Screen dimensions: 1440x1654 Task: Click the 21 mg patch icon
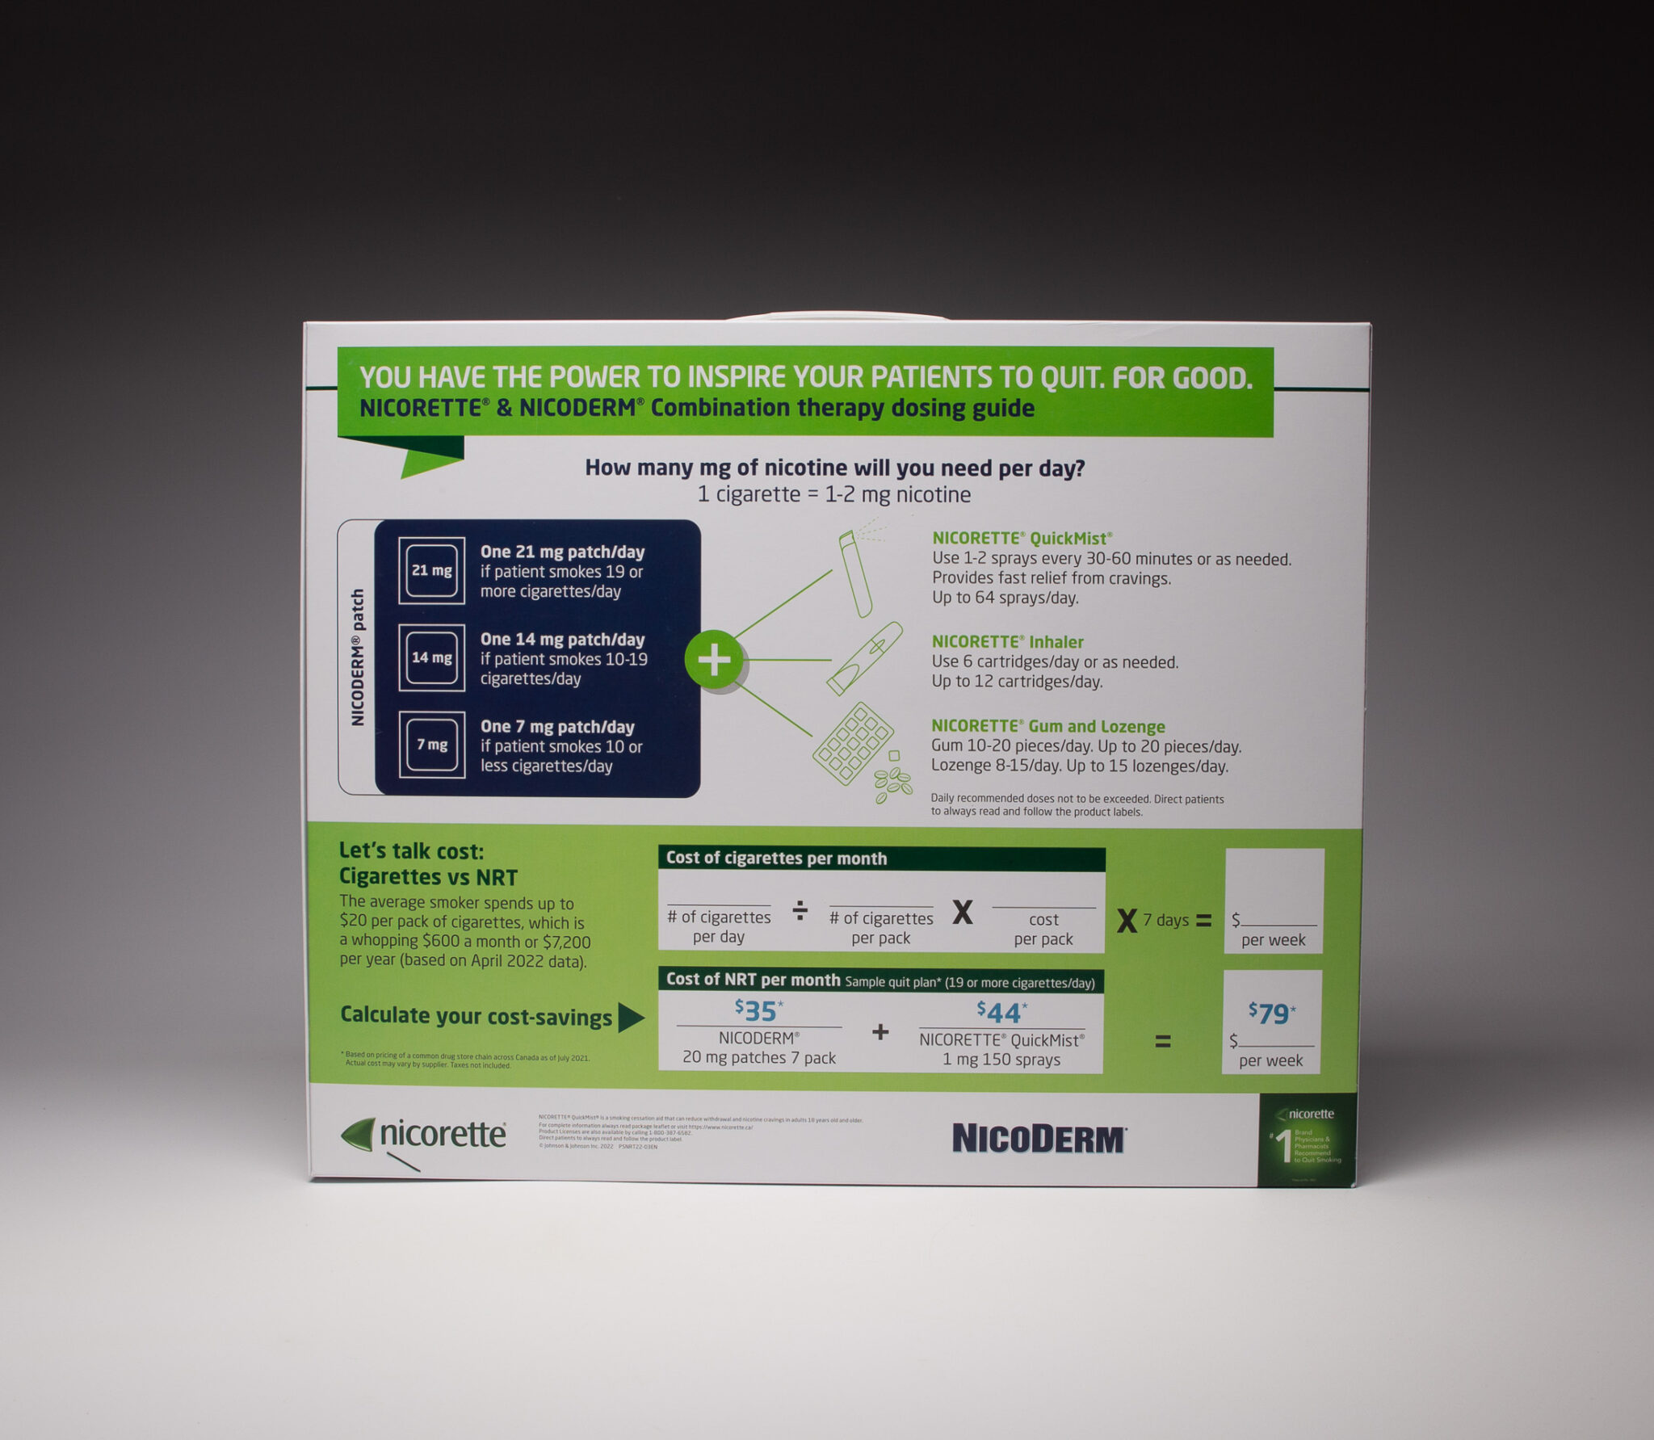point(431,570)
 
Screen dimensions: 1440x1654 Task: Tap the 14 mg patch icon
point(431,657)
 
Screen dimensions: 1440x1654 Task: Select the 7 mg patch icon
point(431,745)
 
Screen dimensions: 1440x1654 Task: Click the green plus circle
point(714,660)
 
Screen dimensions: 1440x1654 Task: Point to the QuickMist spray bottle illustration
point(855,573)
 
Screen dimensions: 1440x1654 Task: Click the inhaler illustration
point(864,657)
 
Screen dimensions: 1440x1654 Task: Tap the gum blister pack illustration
point(853,744)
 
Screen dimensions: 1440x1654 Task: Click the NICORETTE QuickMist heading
point(1022,538)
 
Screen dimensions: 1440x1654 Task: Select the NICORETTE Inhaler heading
point(1007,642)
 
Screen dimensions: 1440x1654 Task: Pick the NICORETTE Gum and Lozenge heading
point(1047,726)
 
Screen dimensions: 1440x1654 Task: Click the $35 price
point(758,1010)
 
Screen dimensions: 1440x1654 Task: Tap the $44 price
point(1001,1012)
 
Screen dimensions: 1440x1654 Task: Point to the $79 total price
point(1271,1013)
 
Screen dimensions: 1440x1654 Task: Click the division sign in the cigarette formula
point(800,912)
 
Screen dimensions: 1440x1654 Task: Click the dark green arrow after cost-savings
point(631,1018)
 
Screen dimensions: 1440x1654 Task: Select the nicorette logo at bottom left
point(425,1135)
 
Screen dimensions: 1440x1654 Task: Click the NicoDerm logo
point(1039,1139)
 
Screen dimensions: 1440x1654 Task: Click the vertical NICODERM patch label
point(357,657)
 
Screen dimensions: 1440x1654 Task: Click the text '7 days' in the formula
point(1165,920)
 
